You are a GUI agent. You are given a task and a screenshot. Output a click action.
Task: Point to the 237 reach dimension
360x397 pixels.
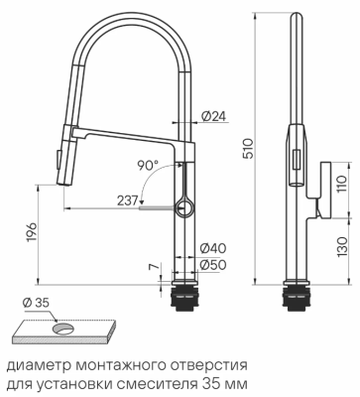click(x=126, y=199)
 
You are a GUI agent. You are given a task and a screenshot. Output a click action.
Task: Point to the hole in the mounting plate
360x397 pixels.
click(x=64, y=327)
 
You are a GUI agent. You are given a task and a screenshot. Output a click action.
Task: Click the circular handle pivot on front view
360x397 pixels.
click(x=185, y=206)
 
